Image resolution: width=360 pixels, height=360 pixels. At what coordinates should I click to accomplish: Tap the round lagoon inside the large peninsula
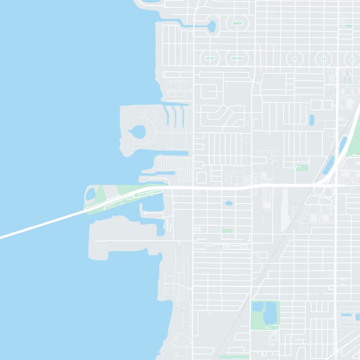point(138,132)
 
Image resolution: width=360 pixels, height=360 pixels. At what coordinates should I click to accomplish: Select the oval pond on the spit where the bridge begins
point(90,194)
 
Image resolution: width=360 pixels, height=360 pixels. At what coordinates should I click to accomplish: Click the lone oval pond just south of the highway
point(229,203)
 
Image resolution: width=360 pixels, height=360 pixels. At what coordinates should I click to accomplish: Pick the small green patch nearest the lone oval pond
point(227,230)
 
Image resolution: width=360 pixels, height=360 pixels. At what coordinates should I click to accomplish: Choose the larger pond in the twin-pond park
point(270,313)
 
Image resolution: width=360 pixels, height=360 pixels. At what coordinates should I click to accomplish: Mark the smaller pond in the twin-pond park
point(258,307)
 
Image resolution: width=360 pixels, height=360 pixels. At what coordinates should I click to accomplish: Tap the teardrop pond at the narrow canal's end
point(211,27)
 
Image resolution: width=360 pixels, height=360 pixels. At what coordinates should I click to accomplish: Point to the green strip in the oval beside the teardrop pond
point(237,23)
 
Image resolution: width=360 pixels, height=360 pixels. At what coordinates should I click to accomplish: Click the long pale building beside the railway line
point(284,209)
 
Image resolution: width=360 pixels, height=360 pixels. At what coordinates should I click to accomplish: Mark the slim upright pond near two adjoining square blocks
point(311,120)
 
